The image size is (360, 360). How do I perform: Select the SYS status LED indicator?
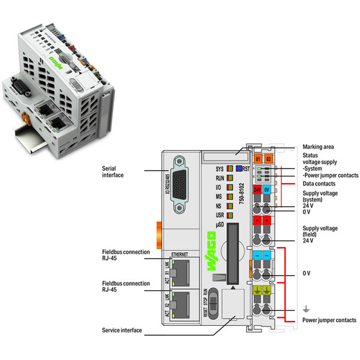(x=229, y=169)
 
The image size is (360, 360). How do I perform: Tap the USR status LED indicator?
(x=229, y=214)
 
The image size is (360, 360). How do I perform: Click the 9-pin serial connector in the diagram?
(x=182, y=184)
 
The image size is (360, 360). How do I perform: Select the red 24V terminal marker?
(x=257, y=189)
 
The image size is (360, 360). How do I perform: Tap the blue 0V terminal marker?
(x=268, y=189)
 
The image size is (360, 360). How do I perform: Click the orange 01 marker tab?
(x=257, y=158)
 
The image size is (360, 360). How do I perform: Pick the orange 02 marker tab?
(x=268, y=158)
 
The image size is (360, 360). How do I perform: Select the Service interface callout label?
(x=122, y=330)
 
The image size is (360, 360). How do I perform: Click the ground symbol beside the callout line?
(x=307, y=310)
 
